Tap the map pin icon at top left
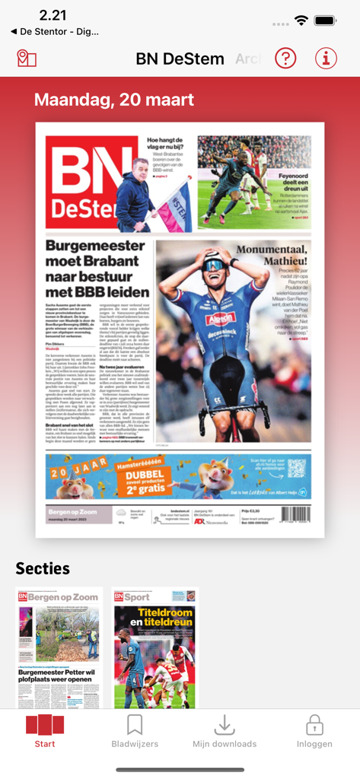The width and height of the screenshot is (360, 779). pyautogui.click(x=27, y=58)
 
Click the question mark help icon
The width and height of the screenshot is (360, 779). pyautogui.click(x=285, y=58)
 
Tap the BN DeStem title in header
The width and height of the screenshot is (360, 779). pyautogui.click(x=180, y=59)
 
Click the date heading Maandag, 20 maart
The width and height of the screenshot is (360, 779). pyautogui.click(x=114, y=100)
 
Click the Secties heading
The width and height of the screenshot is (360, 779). pyautogui.click(x=43, y=568)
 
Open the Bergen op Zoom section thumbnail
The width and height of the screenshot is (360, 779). pyautogui.click(x=59, y=647)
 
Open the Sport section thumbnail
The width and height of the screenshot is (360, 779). pyautogui.click(x=155, y=647)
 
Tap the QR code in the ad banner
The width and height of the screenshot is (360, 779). pyautogui.click(x=297, y=469)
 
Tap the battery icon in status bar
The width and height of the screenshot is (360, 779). pyautogui.click(x=325, y=21)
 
